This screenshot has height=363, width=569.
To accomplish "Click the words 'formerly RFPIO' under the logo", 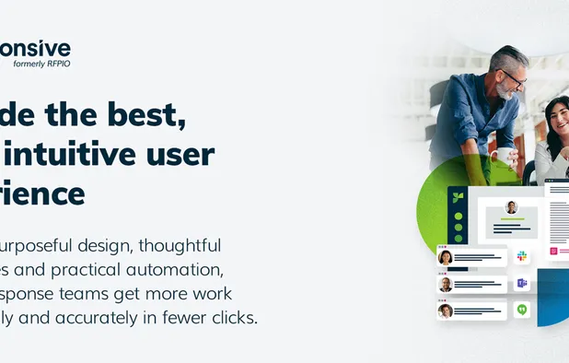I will [x=41, y=64].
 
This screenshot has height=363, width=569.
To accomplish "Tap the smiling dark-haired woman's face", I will [x=558, y=117].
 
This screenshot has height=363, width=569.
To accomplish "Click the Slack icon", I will [x=521, y=256].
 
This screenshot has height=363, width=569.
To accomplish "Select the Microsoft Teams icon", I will [x=521, y=283].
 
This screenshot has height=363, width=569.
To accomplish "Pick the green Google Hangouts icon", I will [x=521, y=310].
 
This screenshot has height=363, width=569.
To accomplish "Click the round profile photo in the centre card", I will [x=511, y=207].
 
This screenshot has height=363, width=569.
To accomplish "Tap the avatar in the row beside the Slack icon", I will [x=446, y=257].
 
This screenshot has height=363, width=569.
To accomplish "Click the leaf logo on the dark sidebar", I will [x=458, y=196].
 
